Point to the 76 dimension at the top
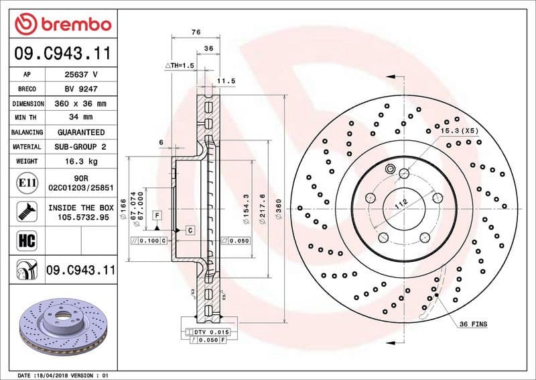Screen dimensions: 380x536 (x=196, y=32)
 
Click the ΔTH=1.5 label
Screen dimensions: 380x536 (x=179, y=65)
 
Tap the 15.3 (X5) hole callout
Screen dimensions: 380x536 (x=459, y=130)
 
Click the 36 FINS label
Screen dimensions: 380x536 (x=473, y=324)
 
